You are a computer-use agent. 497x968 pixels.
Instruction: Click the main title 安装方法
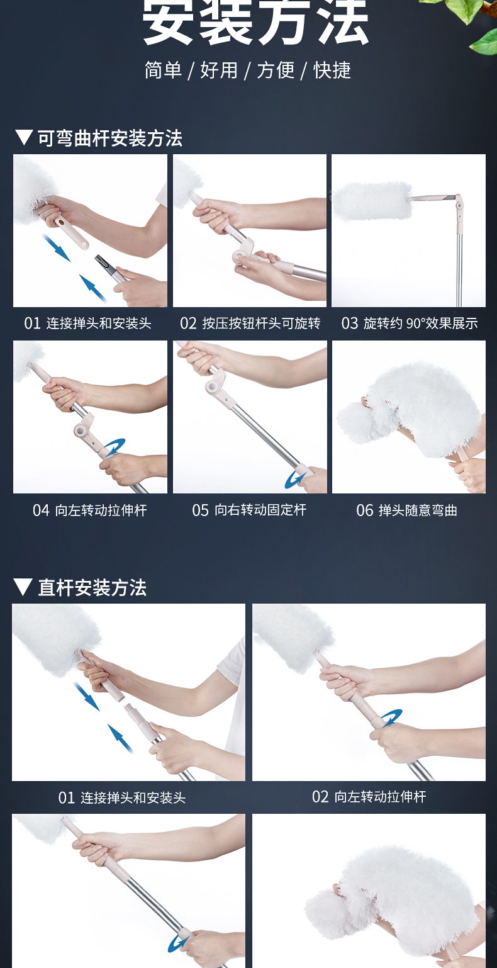pos(255,21)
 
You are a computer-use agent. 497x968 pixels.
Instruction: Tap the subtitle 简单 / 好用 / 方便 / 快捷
pos(248,70)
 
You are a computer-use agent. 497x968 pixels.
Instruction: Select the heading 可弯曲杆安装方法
pos(110,138)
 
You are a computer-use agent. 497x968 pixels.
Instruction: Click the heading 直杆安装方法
pos(92,588)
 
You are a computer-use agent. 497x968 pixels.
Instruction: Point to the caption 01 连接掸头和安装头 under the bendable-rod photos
pos(87,324)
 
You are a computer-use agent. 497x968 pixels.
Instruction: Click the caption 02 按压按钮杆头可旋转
pos(250,324)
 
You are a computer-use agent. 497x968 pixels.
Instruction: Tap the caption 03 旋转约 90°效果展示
pos(410,324)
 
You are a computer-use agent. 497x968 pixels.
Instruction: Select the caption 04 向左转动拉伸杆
pos(90,510)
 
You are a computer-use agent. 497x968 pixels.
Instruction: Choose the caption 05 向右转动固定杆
pos(249,510)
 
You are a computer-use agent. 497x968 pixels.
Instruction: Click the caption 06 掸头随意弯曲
pos(407,510)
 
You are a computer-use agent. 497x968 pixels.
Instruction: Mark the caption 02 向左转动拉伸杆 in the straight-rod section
pos(369,796)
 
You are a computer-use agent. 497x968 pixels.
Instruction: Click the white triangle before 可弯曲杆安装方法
pos(24,137)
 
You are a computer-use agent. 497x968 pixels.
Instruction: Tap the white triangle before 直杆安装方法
pos(23,587)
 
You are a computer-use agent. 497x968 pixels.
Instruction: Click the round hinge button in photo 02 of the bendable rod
pos(239,257)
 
